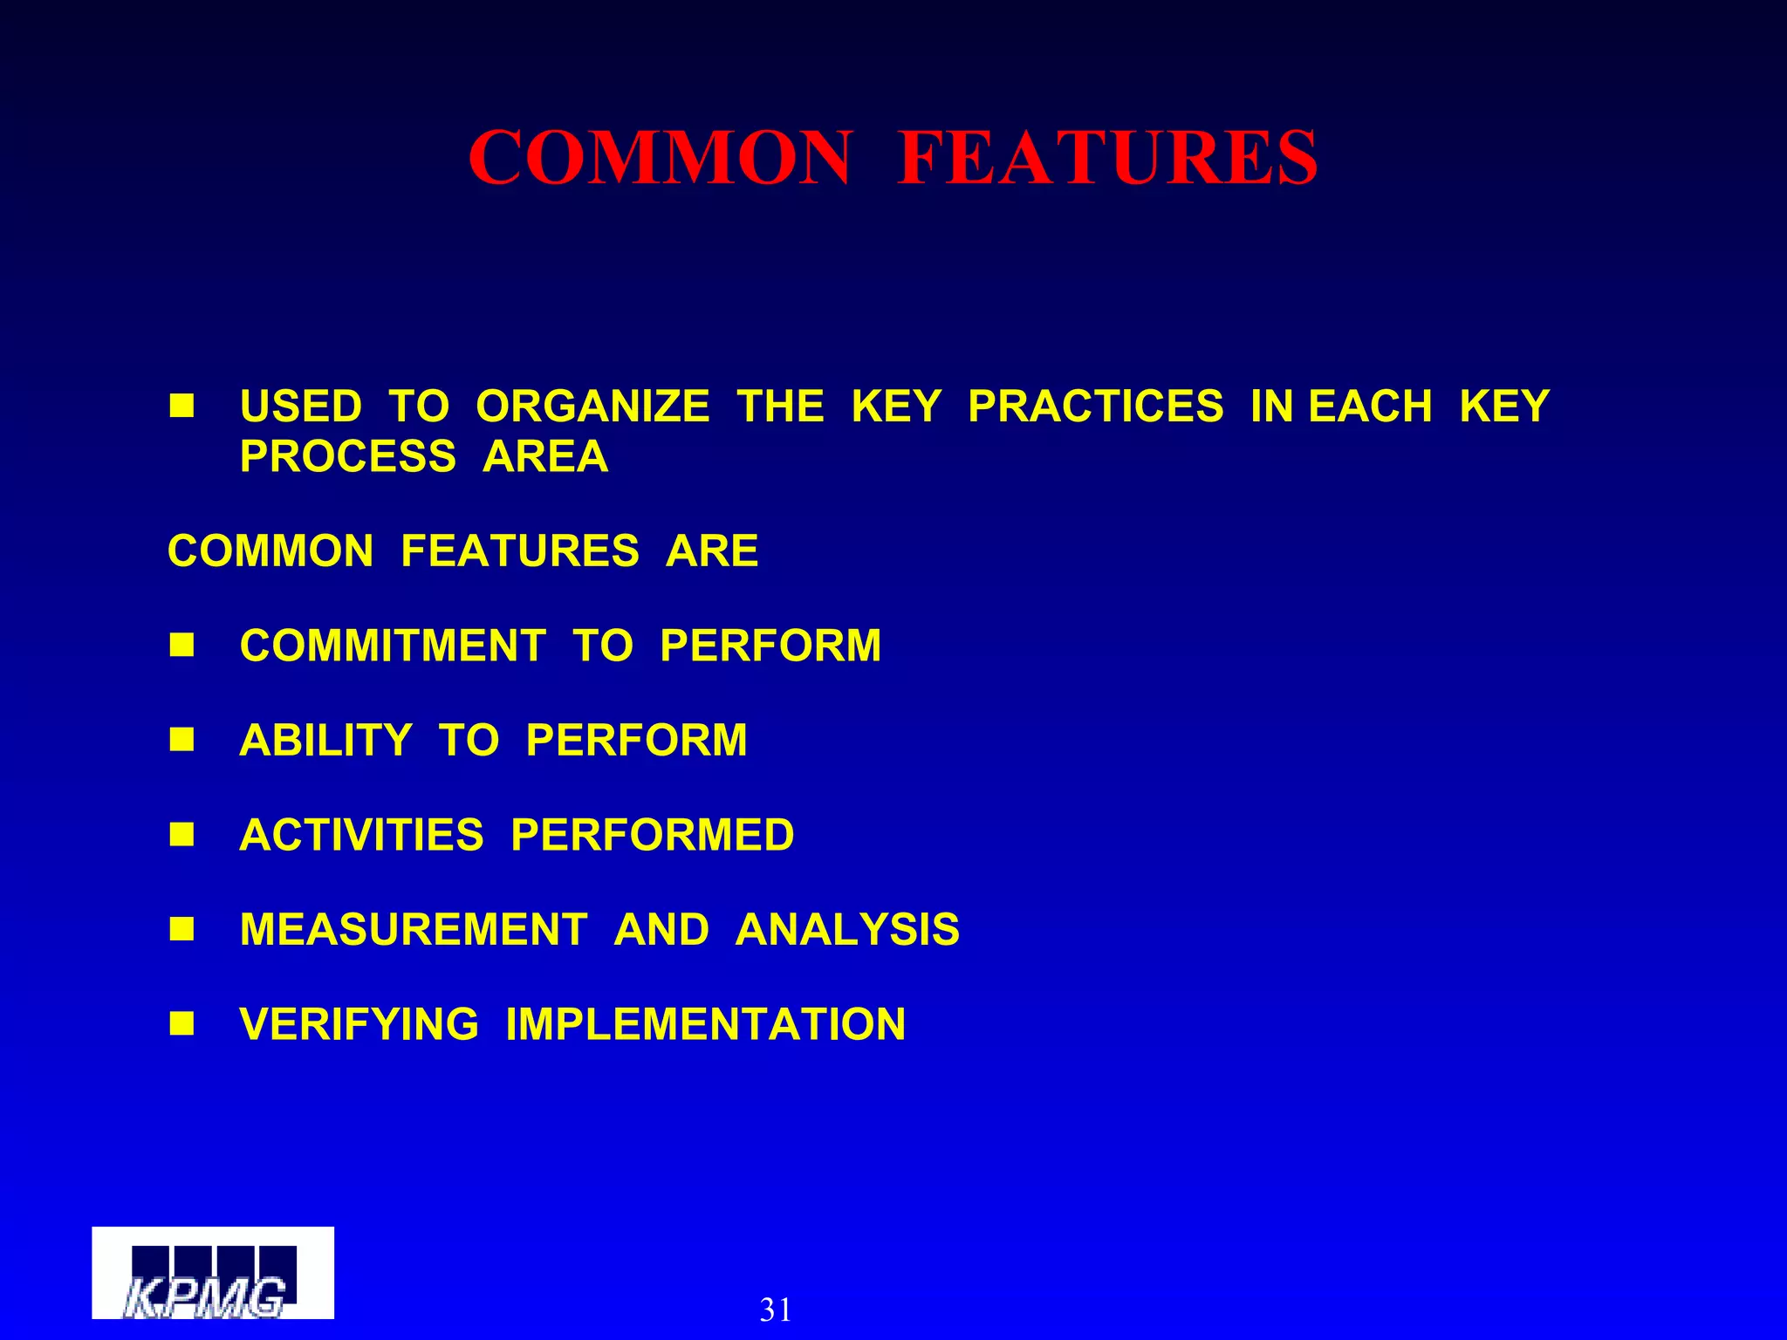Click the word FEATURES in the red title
tap(1107, 158)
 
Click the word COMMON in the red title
tap(660, 158)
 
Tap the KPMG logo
tap(212, 1274)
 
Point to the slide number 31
tap(776, 1309)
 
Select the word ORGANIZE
tap(592, 407)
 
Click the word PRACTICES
tap(1095, 407)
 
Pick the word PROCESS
tap(347, 456)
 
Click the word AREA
tap(545, 456)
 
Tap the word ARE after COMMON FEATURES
tap(712, 551)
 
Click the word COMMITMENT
tap(393, 646)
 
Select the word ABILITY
tap(325, 741)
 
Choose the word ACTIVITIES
tap(361, 835)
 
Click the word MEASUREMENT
tap(414, 929)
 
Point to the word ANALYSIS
tap(847, 929)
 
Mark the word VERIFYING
tap(359, 1024)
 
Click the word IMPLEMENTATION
tap(705, 1024)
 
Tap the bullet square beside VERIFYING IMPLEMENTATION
tap(181, 1022)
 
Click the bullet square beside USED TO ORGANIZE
tap(181, 406)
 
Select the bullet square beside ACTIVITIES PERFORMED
tap(181, 834)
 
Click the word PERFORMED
tap(652, 835)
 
